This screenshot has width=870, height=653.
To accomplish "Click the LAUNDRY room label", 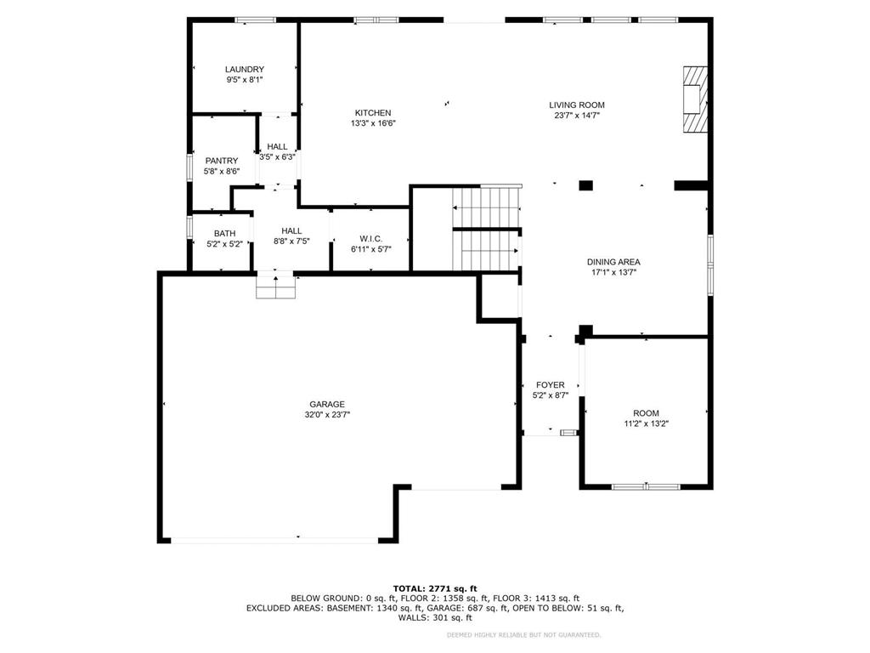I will tap(244, 70).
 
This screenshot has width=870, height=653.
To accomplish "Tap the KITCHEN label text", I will tap(372, 113).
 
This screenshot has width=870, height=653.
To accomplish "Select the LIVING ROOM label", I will tap(576, 105).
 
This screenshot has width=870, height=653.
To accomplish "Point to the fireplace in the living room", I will tap(694, 99).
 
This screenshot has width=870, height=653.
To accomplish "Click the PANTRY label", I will tap(221, 161).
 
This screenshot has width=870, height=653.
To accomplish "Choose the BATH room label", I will tap(224, 234).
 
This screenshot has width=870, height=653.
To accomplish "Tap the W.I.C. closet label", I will tap(370, 239).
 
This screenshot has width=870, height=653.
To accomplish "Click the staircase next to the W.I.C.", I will tap(486, 230).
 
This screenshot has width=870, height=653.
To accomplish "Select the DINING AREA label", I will tap(613, 262).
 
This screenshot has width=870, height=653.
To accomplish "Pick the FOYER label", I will tap(550, 385).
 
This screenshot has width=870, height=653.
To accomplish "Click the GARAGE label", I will tap(327, 405).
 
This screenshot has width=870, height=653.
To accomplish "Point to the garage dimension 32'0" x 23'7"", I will tap(327, 415).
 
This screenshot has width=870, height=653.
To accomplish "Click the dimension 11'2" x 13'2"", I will tap(646, 423).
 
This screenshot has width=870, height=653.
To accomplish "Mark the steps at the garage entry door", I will tap(276, 287).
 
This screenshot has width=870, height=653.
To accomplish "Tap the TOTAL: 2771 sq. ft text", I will tap(434, 588).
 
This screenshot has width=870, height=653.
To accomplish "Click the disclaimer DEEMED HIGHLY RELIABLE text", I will tap(523, 634).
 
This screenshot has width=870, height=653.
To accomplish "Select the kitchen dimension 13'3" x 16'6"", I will tap(373, 123).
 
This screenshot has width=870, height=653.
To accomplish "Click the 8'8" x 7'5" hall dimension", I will tap(291, 241).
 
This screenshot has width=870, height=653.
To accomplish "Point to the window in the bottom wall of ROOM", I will tap(646, 486).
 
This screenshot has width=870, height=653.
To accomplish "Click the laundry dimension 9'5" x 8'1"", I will tap(244, 80).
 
